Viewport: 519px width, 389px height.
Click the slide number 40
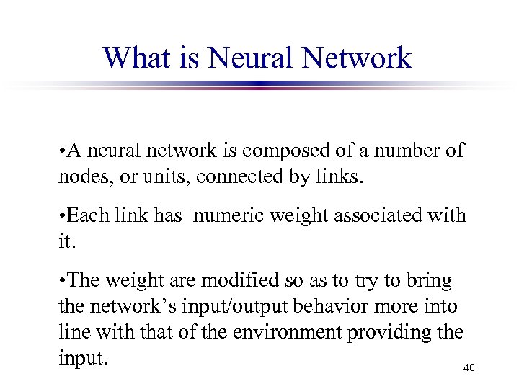pos(469,368)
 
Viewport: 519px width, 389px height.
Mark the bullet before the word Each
pos(63,215)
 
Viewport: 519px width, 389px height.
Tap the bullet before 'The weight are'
pos(63,279)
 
